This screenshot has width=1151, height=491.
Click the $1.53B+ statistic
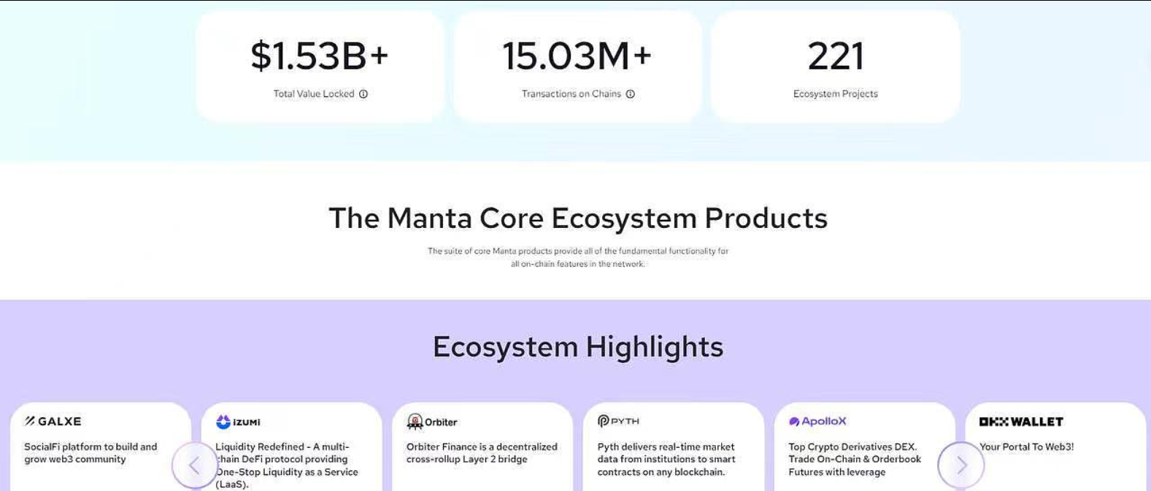(320, 56)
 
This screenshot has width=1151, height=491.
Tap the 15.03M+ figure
(577, 56)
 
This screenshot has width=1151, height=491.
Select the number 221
(836, 56)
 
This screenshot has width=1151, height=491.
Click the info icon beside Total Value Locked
(363, 94)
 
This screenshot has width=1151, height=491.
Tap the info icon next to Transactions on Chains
(630, 94)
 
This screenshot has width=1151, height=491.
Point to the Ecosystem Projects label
(836, 94)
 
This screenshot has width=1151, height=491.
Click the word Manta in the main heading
(430, 218)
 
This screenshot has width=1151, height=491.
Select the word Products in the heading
(766, 218)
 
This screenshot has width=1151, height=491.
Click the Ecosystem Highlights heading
(578, 347)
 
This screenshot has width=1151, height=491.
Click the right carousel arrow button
(961, 465)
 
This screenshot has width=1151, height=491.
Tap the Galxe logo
(53, 422)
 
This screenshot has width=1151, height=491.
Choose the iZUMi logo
(238, 422)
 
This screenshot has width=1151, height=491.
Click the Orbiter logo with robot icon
(431, 422)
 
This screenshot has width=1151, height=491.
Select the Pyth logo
(618, 421)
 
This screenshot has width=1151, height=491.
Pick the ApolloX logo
(817, 422)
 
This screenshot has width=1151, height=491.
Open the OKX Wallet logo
(1021, 422)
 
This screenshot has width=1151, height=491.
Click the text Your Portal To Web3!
(1027, 446)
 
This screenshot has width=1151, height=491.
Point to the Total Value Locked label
(313, 94)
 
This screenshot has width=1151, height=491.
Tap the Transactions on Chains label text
(571, 94)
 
